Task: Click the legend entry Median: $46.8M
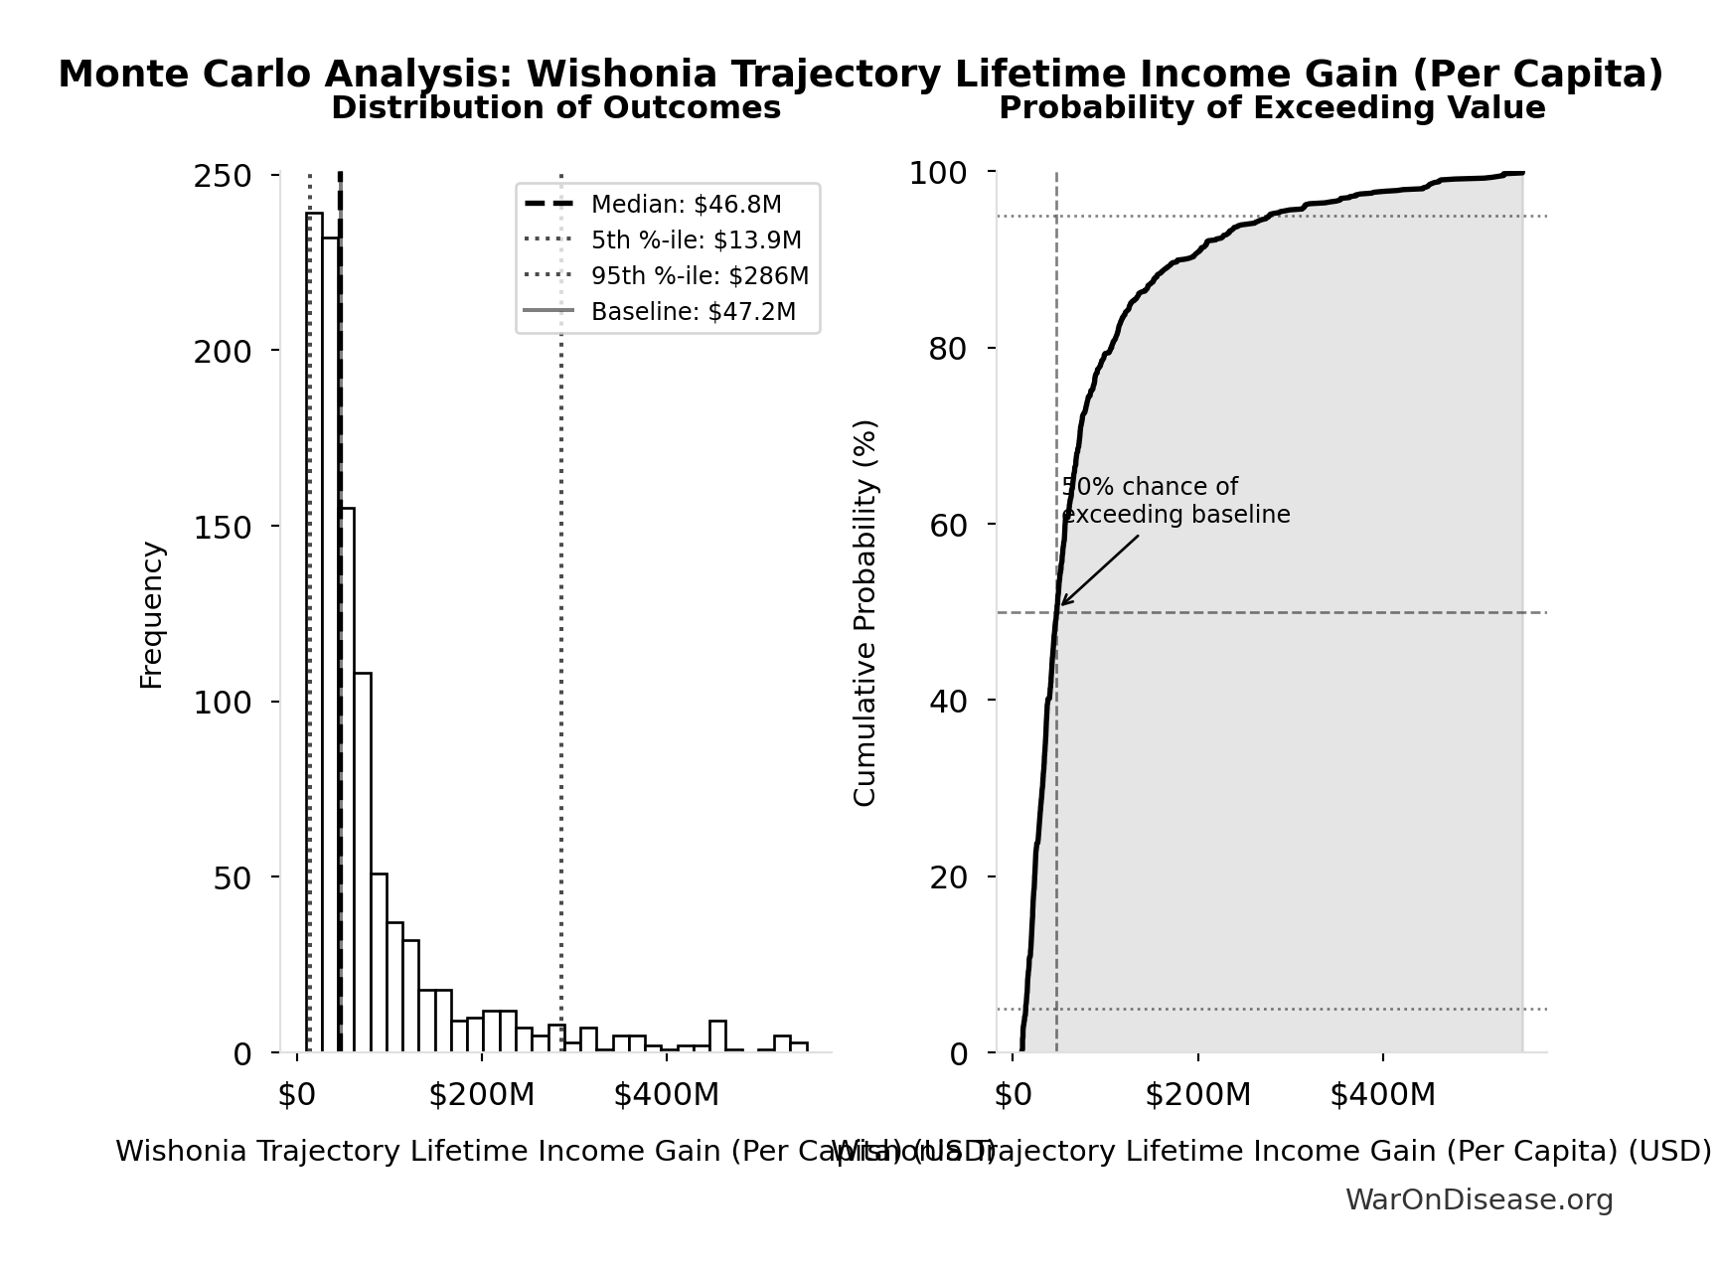(x=686, y=205)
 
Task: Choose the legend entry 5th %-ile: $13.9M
(x=696, y=240)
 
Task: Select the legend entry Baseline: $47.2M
(x=693, y=312)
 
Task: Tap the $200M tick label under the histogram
(x=482, y=1095)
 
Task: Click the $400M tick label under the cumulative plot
(x=1382, y=1095)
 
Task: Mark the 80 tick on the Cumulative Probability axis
(x=948, y=349)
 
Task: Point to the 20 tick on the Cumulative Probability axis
(x=948, y=876)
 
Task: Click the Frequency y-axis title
(x=151, y=614)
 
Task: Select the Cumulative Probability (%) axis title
(x=865, y=612)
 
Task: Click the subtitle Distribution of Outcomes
(x=555, y=108)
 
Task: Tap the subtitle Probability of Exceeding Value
(x=1272, y=108)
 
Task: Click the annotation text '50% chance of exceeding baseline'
(x=1175, y=501)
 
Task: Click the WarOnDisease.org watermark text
(x=1479, y=1199)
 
